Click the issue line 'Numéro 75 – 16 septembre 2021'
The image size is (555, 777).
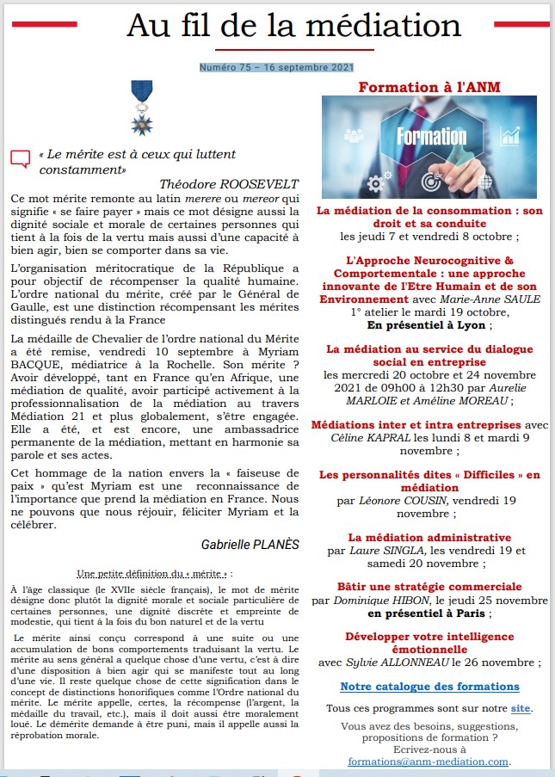tap(276, 67)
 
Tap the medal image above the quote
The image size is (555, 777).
tap(140, 108)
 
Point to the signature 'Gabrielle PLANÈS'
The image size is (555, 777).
tap(250, 545)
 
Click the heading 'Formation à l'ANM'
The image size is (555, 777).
tap(429, 86)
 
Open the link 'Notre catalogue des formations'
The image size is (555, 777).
tap(429, 687)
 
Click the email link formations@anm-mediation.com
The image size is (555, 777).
tap(429, 762)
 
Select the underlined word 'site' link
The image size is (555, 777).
tap(521, 708)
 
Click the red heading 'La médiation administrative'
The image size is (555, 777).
tap(429, 538)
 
